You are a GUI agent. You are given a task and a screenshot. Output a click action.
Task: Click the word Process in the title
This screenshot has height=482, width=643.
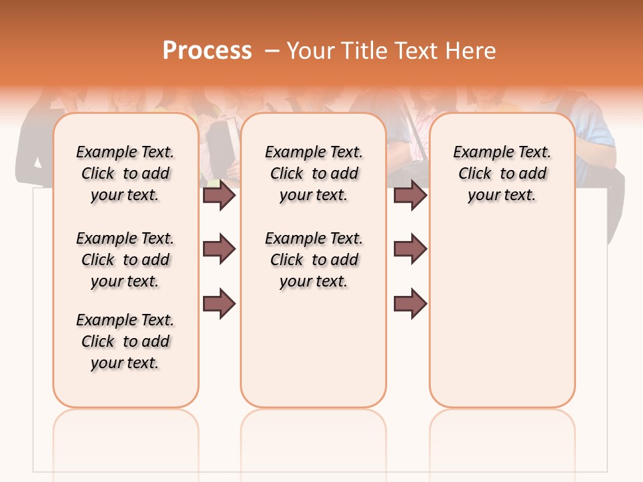tap(207, 51)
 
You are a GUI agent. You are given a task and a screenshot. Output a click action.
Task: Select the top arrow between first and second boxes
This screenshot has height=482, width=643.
tap(219, 195)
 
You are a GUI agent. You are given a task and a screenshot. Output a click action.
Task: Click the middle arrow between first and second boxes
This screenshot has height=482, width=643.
tap(219, 249)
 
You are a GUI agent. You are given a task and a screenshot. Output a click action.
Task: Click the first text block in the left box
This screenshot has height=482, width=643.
tap(125, 173)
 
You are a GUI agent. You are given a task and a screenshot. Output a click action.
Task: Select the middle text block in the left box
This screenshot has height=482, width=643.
tap(125, 260)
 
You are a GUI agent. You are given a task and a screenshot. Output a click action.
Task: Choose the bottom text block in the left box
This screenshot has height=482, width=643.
tap(125, 341)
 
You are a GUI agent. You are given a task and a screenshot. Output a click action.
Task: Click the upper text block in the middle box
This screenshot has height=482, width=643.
tap(313, 173)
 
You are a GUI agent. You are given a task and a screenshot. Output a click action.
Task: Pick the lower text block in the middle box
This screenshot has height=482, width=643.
tap(313, 260)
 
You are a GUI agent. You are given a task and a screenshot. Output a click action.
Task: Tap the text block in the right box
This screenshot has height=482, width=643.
tap(502, 173)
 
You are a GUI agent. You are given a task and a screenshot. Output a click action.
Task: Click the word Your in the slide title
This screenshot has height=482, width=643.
tap(309, 51)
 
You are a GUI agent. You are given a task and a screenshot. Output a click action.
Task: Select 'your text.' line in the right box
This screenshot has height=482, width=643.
tap(502, 195)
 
